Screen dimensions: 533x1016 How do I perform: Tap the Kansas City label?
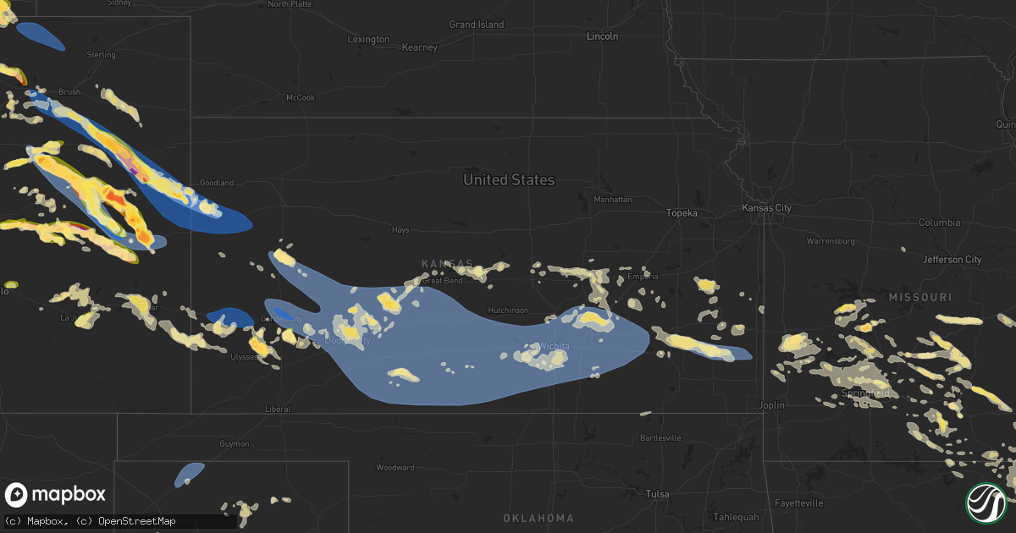[x=766, y=208]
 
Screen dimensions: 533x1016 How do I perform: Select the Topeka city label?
[x=681, y=213]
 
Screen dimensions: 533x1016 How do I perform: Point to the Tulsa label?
[x=656, y=494]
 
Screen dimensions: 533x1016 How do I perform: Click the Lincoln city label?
[x=602, y=36]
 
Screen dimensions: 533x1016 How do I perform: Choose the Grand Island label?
[x=476, y=25]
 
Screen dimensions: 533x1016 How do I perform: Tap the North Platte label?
[x=290, y=4]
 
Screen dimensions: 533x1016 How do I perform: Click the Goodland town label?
[x=216, y=183]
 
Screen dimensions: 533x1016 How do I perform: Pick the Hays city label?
[x=400, y=230]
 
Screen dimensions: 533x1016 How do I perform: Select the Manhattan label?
[x=612, y=200]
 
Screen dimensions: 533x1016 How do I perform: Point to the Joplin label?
[x=772, y=405]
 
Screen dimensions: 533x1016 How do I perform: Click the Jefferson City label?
[x=952, y=260]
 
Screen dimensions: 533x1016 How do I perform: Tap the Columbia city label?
[x=939, y=223]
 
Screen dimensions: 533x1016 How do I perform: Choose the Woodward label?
[x=395, y=468]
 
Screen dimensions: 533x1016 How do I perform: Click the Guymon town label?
[x=235, y=444]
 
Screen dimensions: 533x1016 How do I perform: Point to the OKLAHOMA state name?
[x=538, y=518]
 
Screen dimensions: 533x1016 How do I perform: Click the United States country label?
[x=509, y=179]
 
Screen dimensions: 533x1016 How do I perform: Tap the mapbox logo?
[x=55, y=495]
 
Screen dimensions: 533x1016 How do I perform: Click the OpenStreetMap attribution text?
[x=137, y=521]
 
